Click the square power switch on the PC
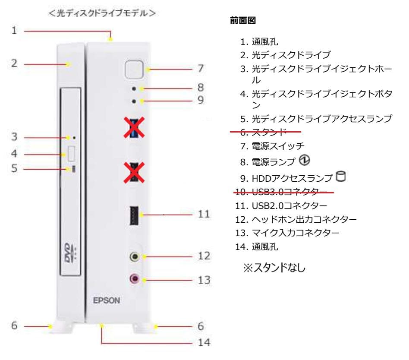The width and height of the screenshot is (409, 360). click(x=134, y=69)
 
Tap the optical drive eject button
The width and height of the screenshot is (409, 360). click(x=72, y=153)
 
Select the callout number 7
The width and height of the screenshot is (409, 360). click(x=201, y=68)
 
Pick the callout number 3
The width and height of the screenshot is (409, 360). click(x=14, y=137)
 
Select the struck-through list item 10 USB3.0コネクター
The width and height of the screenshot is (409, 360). click(x=283, y=191)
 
